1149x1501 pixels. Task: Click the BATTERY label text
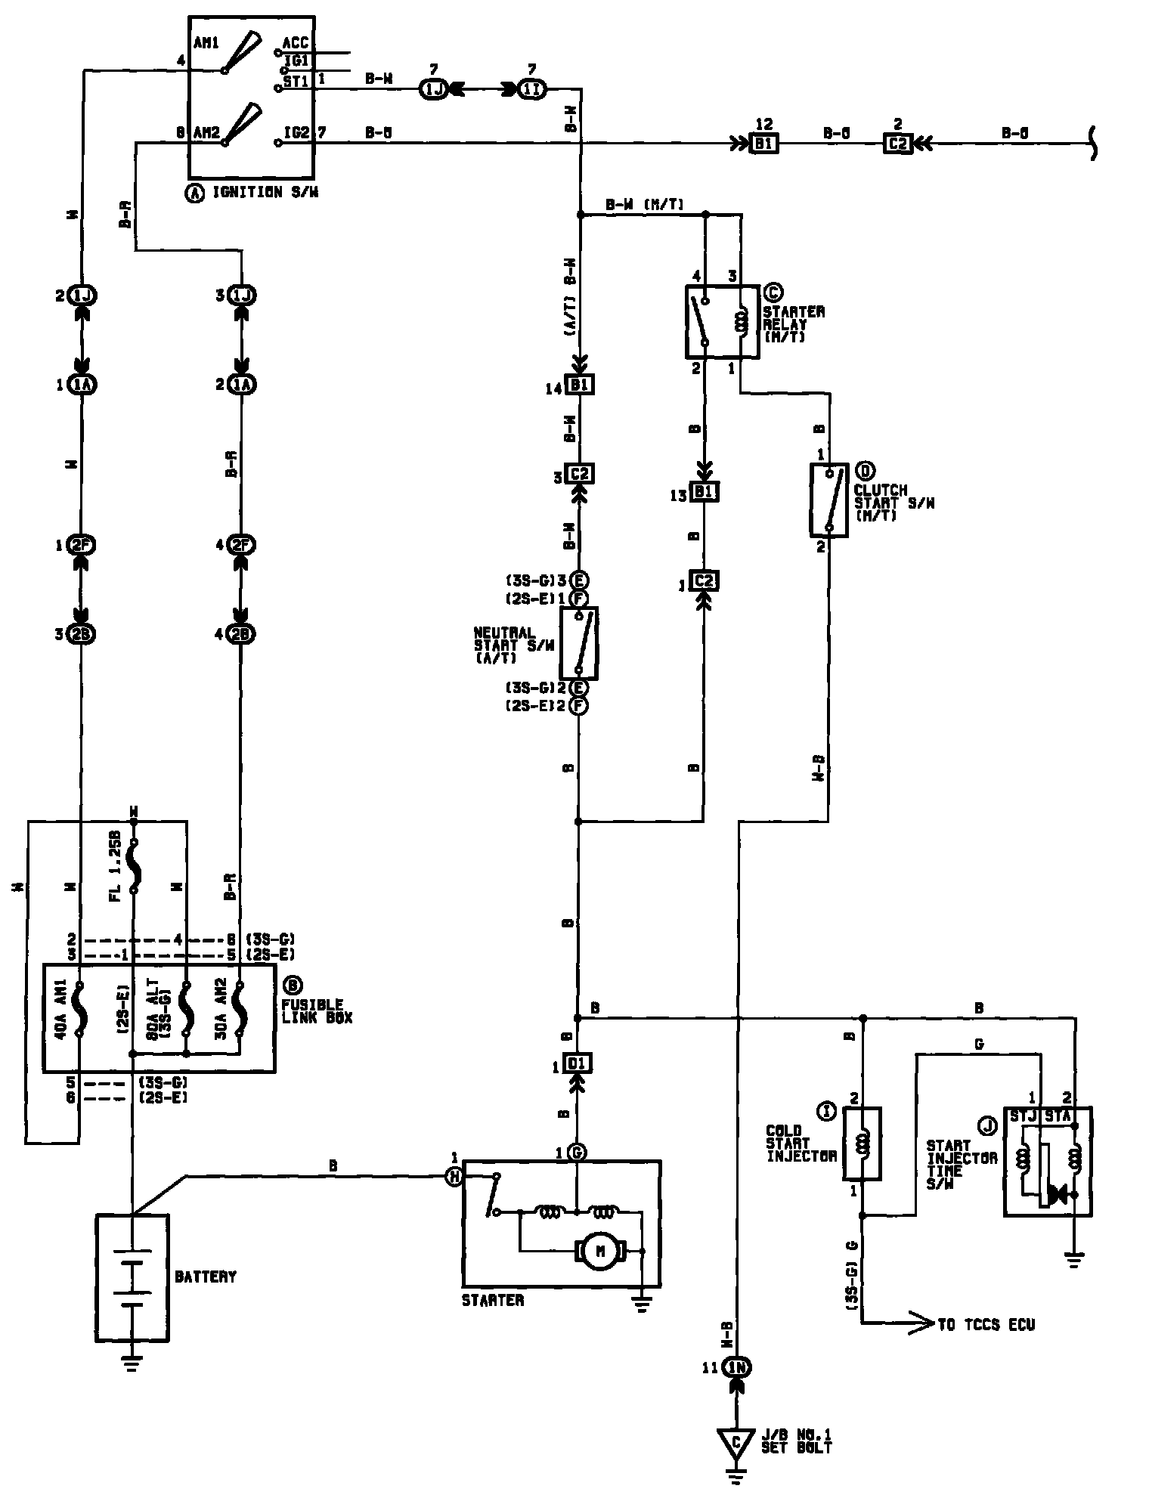pyautogui.click(x=206, y=1277)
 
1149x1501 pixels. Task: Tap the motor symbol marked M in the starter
pyautogui.click(x=602, y=1251)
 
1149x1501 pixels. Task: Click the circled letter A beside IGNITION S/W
pyautogui.click(x=195, y=193)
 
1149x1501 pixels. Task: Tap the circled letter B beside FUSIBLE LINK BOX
pyautogui.click(x=292, y=986)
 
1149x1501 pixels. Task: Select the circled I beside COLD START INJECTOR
pyautogui.click(x=826, y=1110)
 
